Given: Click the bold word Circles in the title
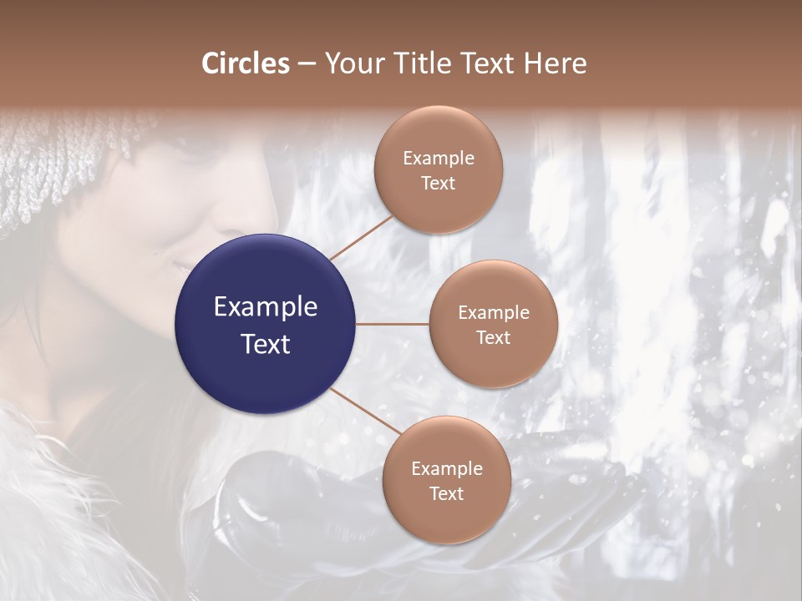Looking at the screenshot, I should [246, 63].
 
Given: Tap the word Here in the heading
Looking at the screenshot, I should [556, 63].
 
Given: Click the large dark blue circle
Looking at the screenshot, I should [266, 324].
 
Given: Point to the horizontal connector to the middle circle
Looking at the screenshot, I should [393, 324].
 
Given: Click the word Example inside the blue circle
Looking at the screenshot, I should [266, 307].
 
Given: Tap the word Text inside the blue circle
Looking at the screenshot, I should [266, 344].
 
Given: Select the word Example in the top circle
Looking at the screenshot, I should [439, 159].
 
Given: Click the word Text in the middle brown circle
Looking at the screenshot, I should [493, 338].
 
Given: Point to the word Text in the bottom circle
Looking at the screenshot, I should [446, 493].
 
